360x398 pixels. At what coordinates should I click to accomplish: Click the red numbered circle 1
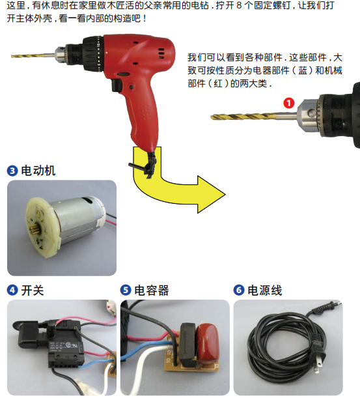coord(288,103)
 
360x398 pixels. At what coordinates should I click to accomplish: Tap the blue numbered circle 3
coord(12,171)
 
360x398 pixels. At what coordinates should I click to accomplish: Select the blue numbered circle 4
coord(12,290)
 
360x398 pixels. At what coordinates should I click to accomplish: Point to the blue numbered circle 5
coord(126,290)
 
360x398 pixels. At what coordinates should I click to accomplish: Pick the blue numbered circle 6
coord(239,290)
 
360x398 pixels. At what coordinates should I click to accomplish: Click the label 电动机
coord(38,171)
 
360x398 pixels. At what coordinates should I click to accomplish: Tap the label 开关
coord(33,290)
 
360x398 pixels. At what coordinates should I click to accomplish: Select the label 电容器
coord(152,290)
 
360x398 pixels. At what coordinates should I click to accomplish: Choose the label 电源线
coord(264,290)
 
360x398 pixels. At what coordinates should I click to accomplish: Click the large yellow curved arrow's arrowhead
coord(210,194)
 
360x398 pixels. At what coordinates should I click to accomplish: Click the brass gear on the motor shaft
coord(34,229)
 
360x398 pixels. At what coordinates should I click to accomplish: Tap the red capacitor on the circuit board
coord(207,340)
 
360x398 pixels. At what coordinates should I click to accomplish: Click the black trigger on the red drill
coord(117,85)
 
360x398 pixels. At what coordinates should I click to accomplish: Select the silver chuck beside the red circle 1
coord(308,115)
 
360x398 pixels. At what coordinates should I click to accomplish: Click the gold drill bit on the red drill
coord(33,55)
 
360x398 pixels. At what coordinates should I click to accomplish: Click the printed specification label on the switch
coord(66,347)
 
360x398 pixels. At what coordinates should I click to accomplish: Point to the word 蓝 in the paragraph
coord(303,70)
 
